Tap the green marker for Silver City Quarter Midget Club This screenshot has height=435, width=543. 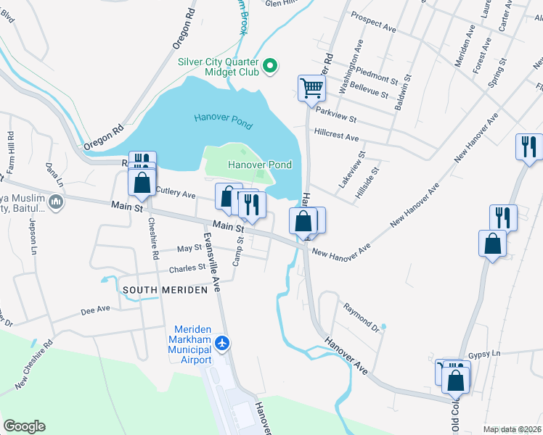click(x=270, y=67)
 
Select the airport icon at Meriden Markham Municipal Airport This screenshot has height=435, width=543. click(x=222, y=341)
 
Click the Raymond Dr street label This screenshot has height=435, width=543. click(x=362, y=315)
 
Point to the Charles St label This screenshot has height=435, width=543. click(x=187, y=268)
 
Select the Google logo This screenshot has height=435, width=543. click(x=24, y=426)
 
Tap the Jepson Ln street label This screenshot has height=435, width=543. click(x=32, y=236)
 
